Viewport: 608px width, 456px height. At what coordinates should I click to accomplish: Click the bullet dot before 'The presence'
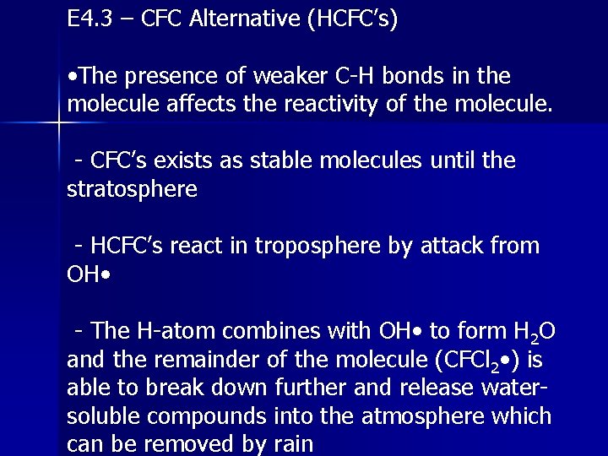pyautogui.click(x=73, y=77)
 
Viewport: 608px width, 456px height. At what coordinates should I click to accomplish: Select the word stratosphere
pyautogui.click(x=132, y=189)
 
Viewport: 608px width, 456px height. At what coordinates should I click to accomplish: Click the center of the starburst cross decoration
pyautogui.click(x=58, y=125)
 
